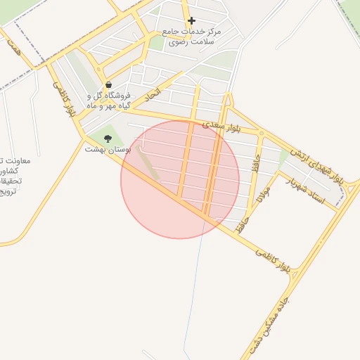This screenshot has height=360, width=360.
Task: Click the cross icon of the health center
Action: (191, 21)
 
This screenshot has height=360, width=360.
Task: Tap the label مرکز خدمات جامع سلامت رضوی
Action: (191, 37)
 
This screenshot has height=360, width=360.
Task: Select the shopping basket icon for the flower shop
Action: (108, 84)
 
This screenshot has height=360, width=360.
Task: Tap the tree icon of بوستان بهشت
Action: (108, 138)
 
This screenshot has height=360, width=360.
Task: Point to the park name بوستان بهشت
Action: (108, 150)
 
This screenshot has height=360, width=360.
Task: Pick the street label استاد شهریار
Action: (304, 190)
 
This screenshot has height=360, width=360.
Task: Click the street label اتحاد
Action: (153, 93)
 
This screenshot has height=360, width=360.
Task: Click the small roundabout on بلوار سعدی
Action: (261, 133)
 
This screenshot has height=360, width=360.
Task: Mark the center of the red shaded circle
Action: (180, 179)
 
